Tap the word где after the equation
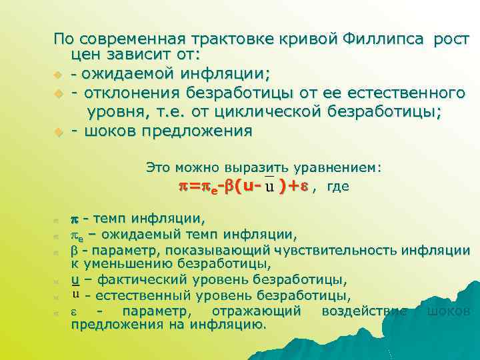pos(338,187)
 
